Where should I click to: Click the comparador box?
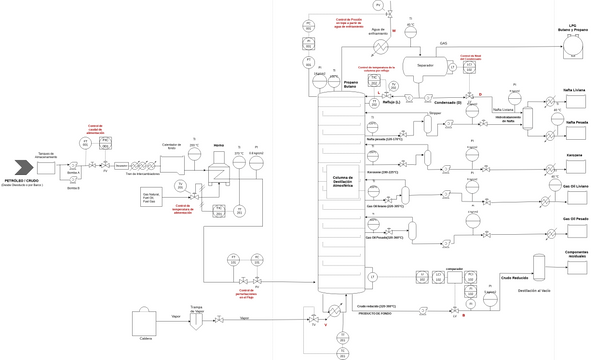point(451,274)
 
